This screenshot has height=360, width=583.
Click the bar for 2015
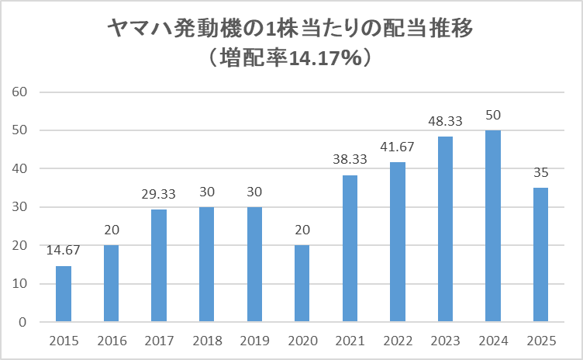pos(64,294)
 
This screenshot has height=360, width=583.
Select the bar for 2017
pos(159,265)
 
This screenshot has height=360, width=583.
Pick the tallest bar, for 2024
pos(493,226)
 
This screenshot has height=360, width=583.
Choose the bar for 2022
pos(398,242)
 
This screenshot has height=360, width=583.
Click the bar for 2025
pos(540,254)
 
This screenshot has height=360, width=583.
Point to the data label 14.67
pos(64,250)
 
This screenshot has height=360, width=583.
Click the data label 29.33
pos(159,194)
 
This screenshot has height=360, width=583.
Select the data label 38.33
pos(350,159)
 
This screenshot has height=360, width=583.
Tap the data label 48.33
pos(445,121)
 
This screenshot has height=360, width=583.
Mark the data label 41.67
pos(398,147)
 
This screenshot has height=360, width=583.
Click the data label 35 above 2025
pos(540,172)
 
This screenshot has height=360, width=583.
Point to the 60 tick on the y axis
pos(21,92)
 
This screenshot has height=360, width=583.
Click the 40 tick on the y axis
pos(21,169)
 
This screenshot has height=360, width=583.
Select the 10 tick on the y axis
pos(21,284)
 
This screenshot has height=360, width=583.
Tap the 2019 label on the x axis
pos(254,341)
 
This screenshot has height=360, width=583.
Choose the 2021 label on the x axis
pos(350,341)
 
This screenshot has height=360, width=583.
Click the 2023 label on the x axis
pos(445,341)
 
